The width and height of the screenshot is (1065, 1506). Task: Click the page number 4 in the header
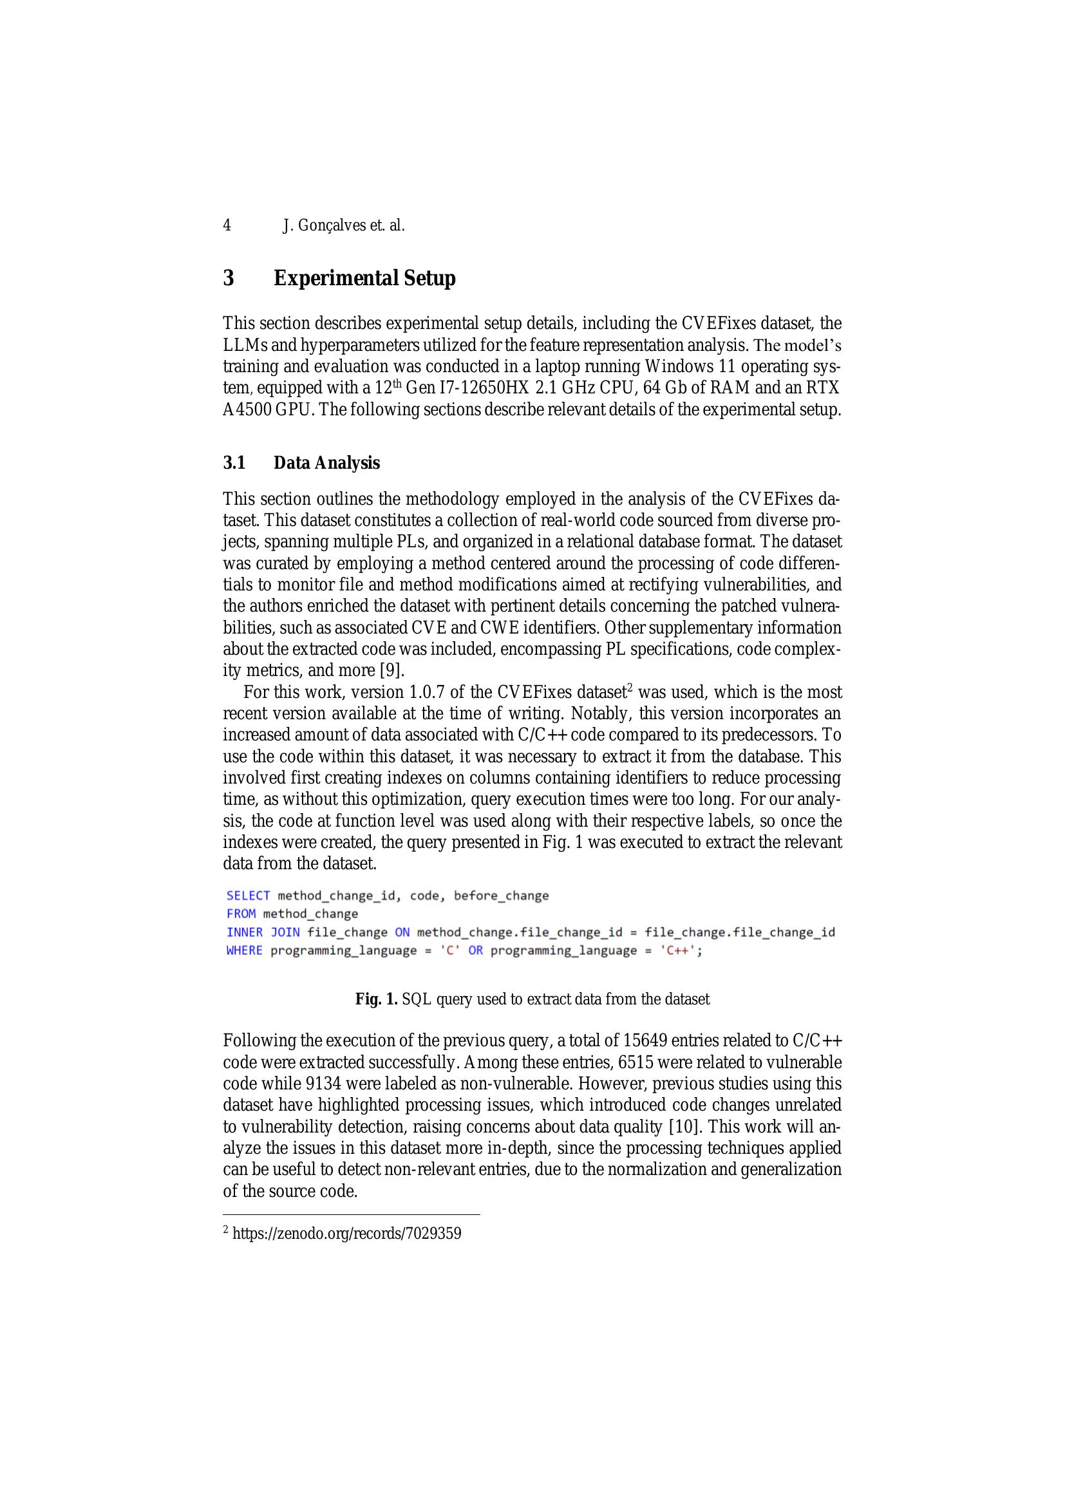point(227,225)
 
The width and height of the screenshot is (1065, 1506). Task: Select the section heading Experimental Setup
point(364,278)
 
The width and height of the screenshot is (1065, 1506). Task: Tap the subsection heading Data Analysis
point(326,463)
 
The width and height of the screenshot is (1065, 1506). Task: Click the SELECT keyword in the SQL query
point(248,896)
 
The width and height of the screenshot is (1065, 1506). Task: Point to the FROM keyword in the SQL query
point(241,914)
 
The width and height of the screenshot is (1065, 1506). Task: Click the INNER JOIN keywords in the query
point(263,932)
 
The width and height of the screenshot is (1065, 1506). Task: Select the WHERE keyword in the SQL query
point(244,950)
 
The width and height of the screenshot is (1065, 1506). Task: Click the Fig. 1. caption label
point(377,1000)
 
